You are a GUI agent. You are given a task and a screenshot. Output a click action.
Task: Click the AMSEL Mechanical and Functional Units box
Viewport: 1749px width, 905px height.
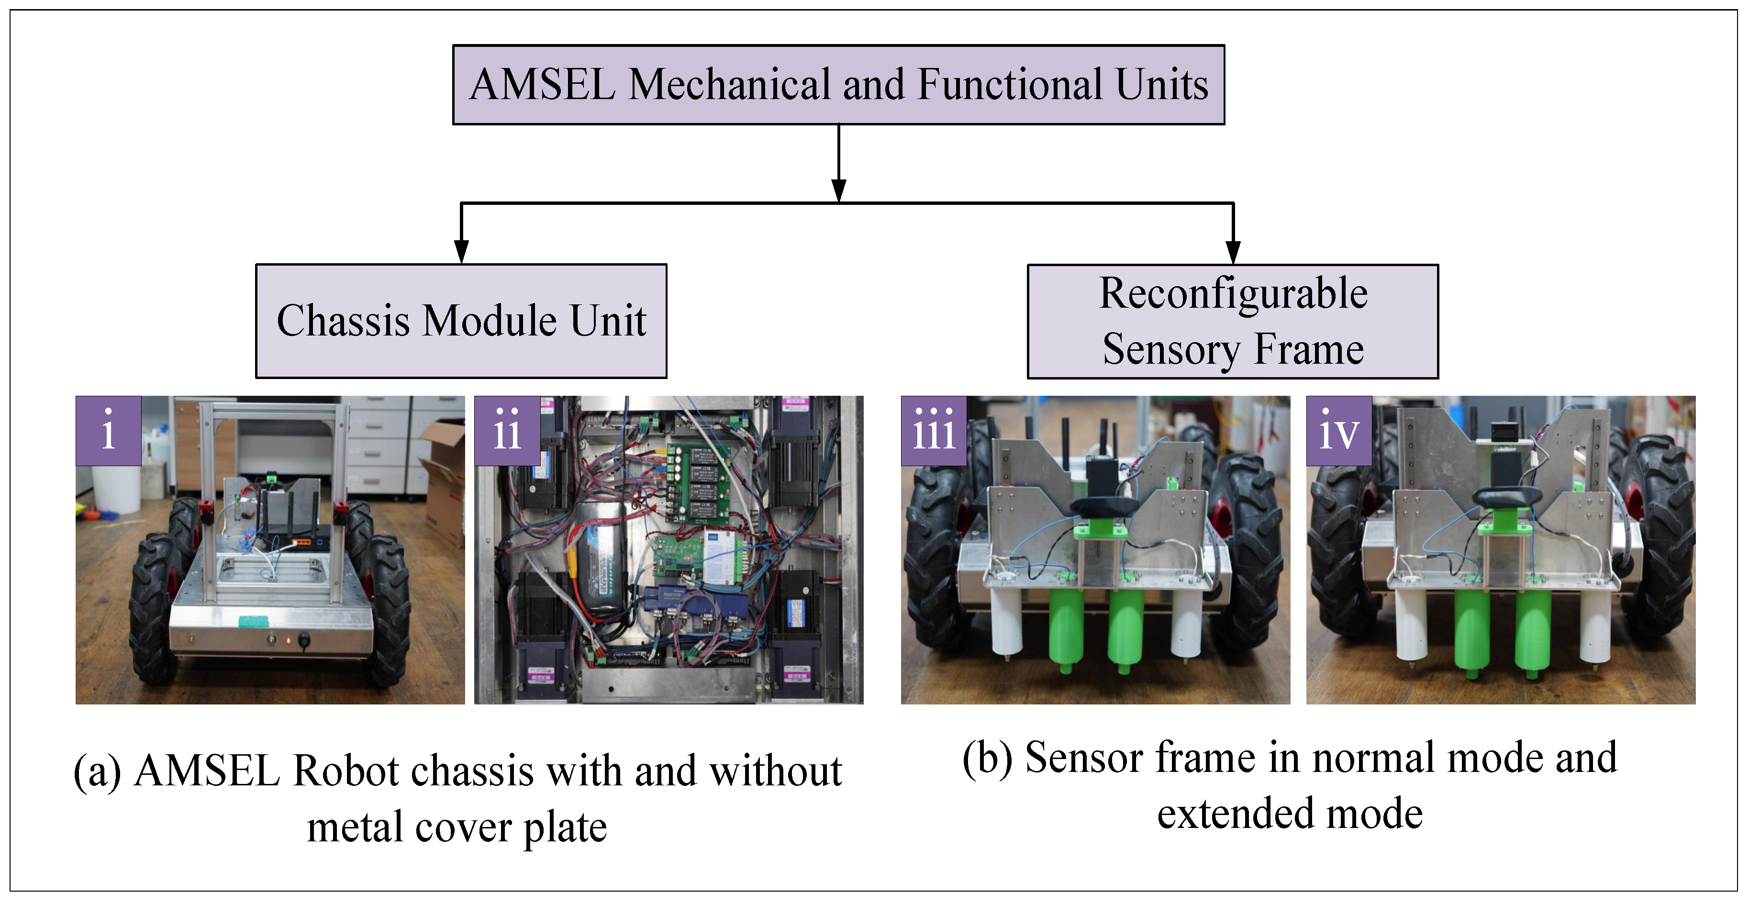pyautogui.click(x=838, y=85)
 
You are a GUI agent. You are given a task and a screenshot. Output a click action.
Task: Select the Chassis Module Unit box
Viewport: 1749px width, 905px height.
pyautogui.click(x=461, y=321)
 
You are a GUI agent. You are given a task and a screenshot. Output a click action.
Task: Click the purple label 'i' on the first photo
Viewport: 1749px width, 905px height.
pyautogui.click(x=109, y=430)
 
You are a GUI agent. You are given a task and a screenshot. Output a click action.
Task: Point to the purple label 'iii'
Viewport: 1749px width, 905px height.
pyautogui.click(x=934, y=430)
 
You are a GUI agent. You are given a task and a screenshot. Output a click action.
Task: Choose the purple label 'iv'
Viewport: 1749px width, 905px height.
pyautogui.click(x=1338, y=430)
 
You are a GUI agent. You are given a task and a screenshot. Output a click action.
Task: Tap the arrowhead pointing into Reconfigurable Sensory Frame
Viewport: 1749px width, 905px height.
pyautogui.click(x=1233, y=253)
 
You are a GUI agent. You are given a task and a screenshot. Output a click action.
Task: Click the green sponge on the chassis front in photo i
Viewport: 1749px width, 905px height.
pyautogui.click(x=253, y=621)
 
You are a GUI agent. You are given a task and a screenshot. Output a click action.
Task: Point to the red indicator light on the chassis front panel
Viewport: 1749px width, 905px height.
pyautogui.click(x=288, y=639)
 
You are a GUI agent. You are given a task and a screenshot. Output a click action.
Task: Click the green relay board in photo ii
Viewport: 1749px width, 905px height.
pyautogui.click(x=699, y=482)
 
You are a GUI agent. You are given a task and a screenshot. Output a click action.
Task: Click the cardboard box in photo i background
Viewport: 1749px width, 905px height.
pyautogui.click(x=445, y=475)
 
